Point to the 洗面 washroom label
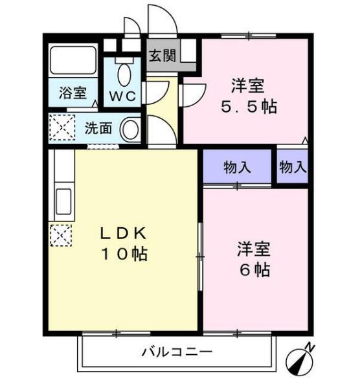tap(98, 128)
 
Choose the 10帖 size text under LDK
tap(124, 254)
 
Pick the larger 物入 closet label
tap(237, 168)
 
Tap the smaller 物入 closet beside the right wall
tap(293, 167)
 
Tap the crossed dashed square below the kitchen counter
tap(60, 235)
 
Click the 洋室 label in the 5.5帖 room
tap(248, 85)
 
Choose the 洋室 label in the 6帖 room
tap(253, 248)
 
